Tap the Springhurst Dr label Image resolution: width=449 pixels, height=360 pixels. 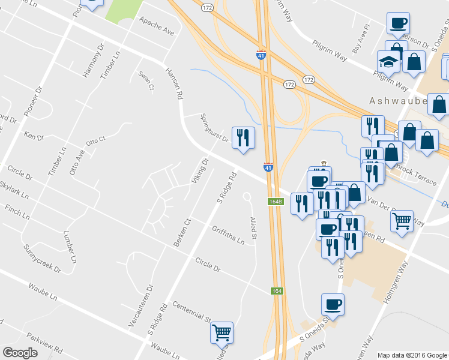pos(214,128)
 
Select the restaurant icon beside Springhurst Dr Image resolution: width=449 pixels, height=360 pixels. pos(243,138)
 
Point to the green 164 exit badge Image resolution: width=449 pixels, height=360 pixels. pos(276,291)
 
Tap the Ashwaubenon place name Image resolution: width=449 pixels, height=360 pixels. pos(399,101)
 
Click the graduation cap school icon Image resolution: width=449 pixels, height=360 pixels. pos(388,61)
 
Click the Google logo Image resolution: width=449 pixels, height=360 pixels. pos(20,353)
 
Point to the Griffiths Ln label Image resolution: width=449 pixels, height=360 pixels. pos(228,234)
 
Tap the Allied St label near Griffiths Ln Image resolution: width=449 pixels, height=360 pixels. pos(253,227)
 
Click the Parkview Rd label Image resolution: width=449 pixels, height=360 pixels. pos(43,344)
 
